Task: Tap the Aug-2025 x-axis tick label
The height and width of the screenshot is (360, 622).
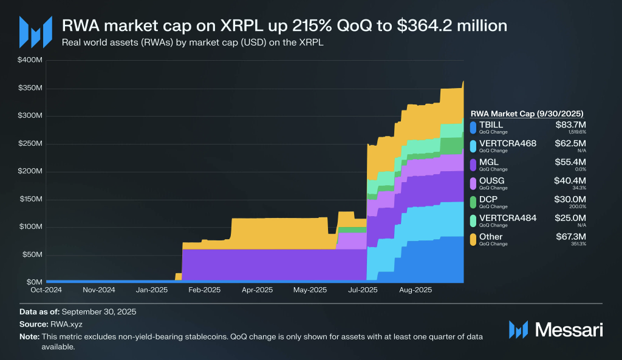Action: (x=415, y=290)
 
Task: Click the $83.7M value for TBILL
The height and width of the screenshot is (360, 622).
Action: (x=570, y=124)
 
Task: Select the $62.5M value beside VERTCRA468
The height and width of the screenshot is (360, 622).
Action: (x=570, y=143)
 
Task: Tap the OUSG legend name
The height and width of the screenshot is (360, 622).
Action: (x=491, y=180)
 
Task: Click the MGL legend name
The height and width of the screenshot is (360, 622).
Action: (x=488, y=162)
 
